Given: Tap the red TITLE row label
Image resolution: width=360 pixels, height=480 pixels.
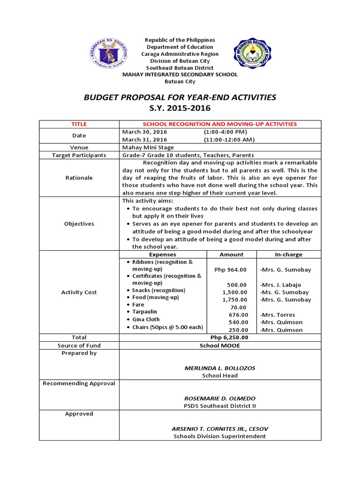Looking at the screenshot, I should point(79,124).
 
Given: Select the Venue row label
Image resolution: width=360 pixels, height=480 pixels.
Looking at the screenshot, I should point(79,147).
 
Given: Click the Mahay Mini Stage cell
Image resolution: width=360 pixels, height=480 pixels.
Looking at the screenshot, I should point(141,147).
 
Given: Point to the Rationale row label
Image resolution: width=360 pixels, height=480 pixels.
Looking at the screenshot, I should point(79,178).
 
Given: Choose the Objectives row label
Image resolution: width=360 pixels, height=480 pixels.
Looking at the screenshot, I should point(79,224).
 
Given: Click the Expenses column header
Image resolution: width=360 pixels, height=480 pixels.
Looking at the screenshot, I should point(162,255).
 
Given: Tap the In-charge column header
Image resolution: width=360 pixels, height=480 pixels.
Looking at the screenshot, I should point(288,255).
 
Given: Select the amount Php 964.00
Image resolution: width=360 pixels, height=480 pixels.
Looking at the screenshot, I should point(230,270).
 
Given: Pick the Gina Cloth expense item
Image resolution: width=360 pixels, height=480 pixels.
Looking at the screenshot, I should point(146,319).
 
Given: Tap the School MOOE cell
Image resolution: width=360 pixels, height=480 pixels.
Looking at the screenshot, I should point(220,345).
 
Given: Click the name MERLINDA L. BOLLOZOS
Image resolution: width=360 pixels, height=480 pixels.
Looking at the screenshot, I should point(220,368).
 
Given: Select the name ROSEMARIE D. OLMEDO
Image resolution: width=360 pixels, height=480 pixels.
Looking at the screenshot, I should point(220,398).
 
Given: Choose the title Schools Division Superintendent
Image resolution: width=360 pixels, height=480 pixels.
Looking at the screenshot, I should point(220,436).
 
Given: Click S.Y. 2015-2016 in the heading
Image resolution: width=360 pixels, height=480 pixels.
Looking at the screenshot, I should point(180,108).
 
